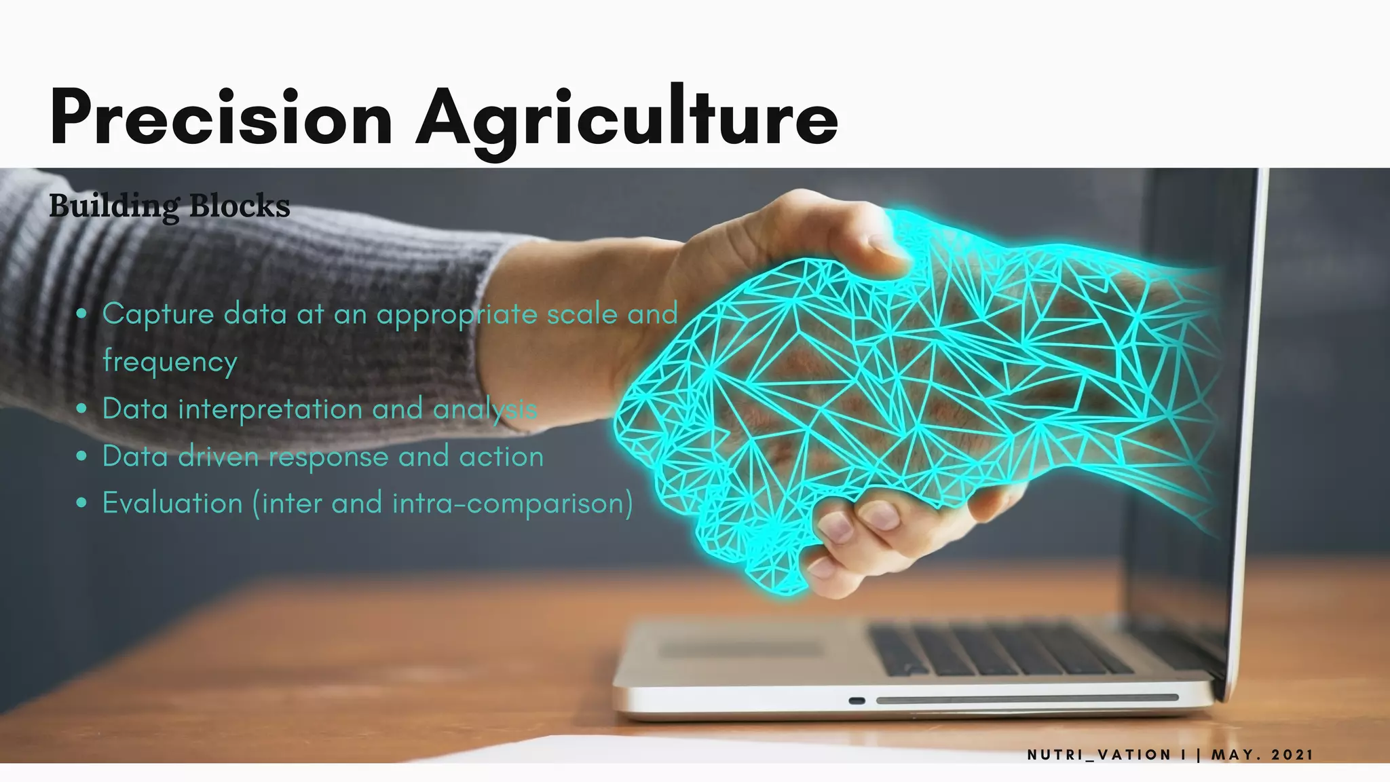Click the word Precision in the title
point(221,117)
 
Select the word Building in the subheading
point(114,206)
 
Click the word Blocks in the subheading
point(240,206)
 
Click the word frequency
point(170,362)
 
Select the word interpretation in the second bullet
point(270,409)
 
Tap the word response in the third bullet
point(328,458)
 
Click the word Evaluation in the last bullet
point(172,504)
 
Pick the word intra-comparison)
point(512,504)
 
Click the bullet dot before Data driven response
point(82,457)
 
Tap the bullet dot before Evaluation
point(82,504)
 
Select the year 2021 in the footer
point(1292,755)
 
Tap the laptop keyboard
point(998,648)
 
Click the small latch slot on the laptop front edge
point(857,701)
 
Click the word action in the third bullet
point(502,457)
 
